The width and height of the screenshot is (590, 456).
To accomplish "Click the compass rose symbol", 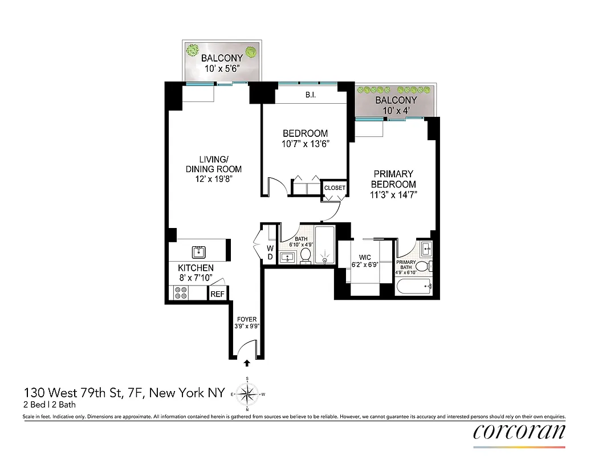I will pos(247,393).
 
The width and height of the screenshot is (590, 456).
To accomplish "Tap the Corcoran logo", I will pos(519,431).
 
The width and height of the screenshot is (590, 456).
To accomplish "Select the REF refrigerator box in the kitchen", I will pos(217,294).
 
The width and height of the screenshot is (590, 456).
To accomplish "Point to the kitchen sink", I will pos(200,251).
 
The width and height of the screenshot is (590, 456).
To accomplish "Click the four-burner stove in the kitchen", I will pos(181,293).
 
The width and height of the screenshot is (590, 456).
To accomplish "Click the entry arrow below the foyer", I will pos(247,363).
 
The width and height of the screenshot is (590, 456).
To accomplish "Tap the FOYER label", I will pos(246,319).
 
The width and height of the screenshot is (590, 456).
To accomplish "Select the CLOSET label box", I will pos(334,188).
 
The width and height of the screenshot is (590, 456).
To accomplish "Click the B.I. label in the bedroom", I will pos(310,96).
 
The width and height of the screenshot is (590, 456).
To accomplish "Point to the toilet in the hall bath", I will pos(306,255).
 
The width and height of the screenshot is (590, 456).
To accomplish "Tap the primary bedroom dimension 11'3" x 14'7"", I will pos(393,194).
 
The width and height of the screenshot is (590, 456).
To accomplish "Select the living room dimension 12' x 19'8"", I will pos(213,178).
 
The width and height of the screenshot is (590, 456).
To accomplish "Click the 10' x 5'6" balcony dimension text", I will pos(222,68).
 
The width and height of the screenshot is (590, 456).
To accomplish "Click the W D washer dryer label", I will pos(270,252).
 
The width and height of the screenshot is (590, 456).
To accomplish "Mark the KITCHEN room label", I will pos(196,268).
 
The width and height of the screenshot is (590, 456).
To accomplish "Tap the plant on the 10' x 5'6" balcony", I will pos(193,50).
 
